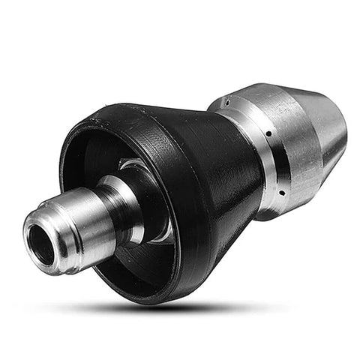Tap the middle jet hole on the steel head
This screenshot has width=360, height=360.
coord(268,134)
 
